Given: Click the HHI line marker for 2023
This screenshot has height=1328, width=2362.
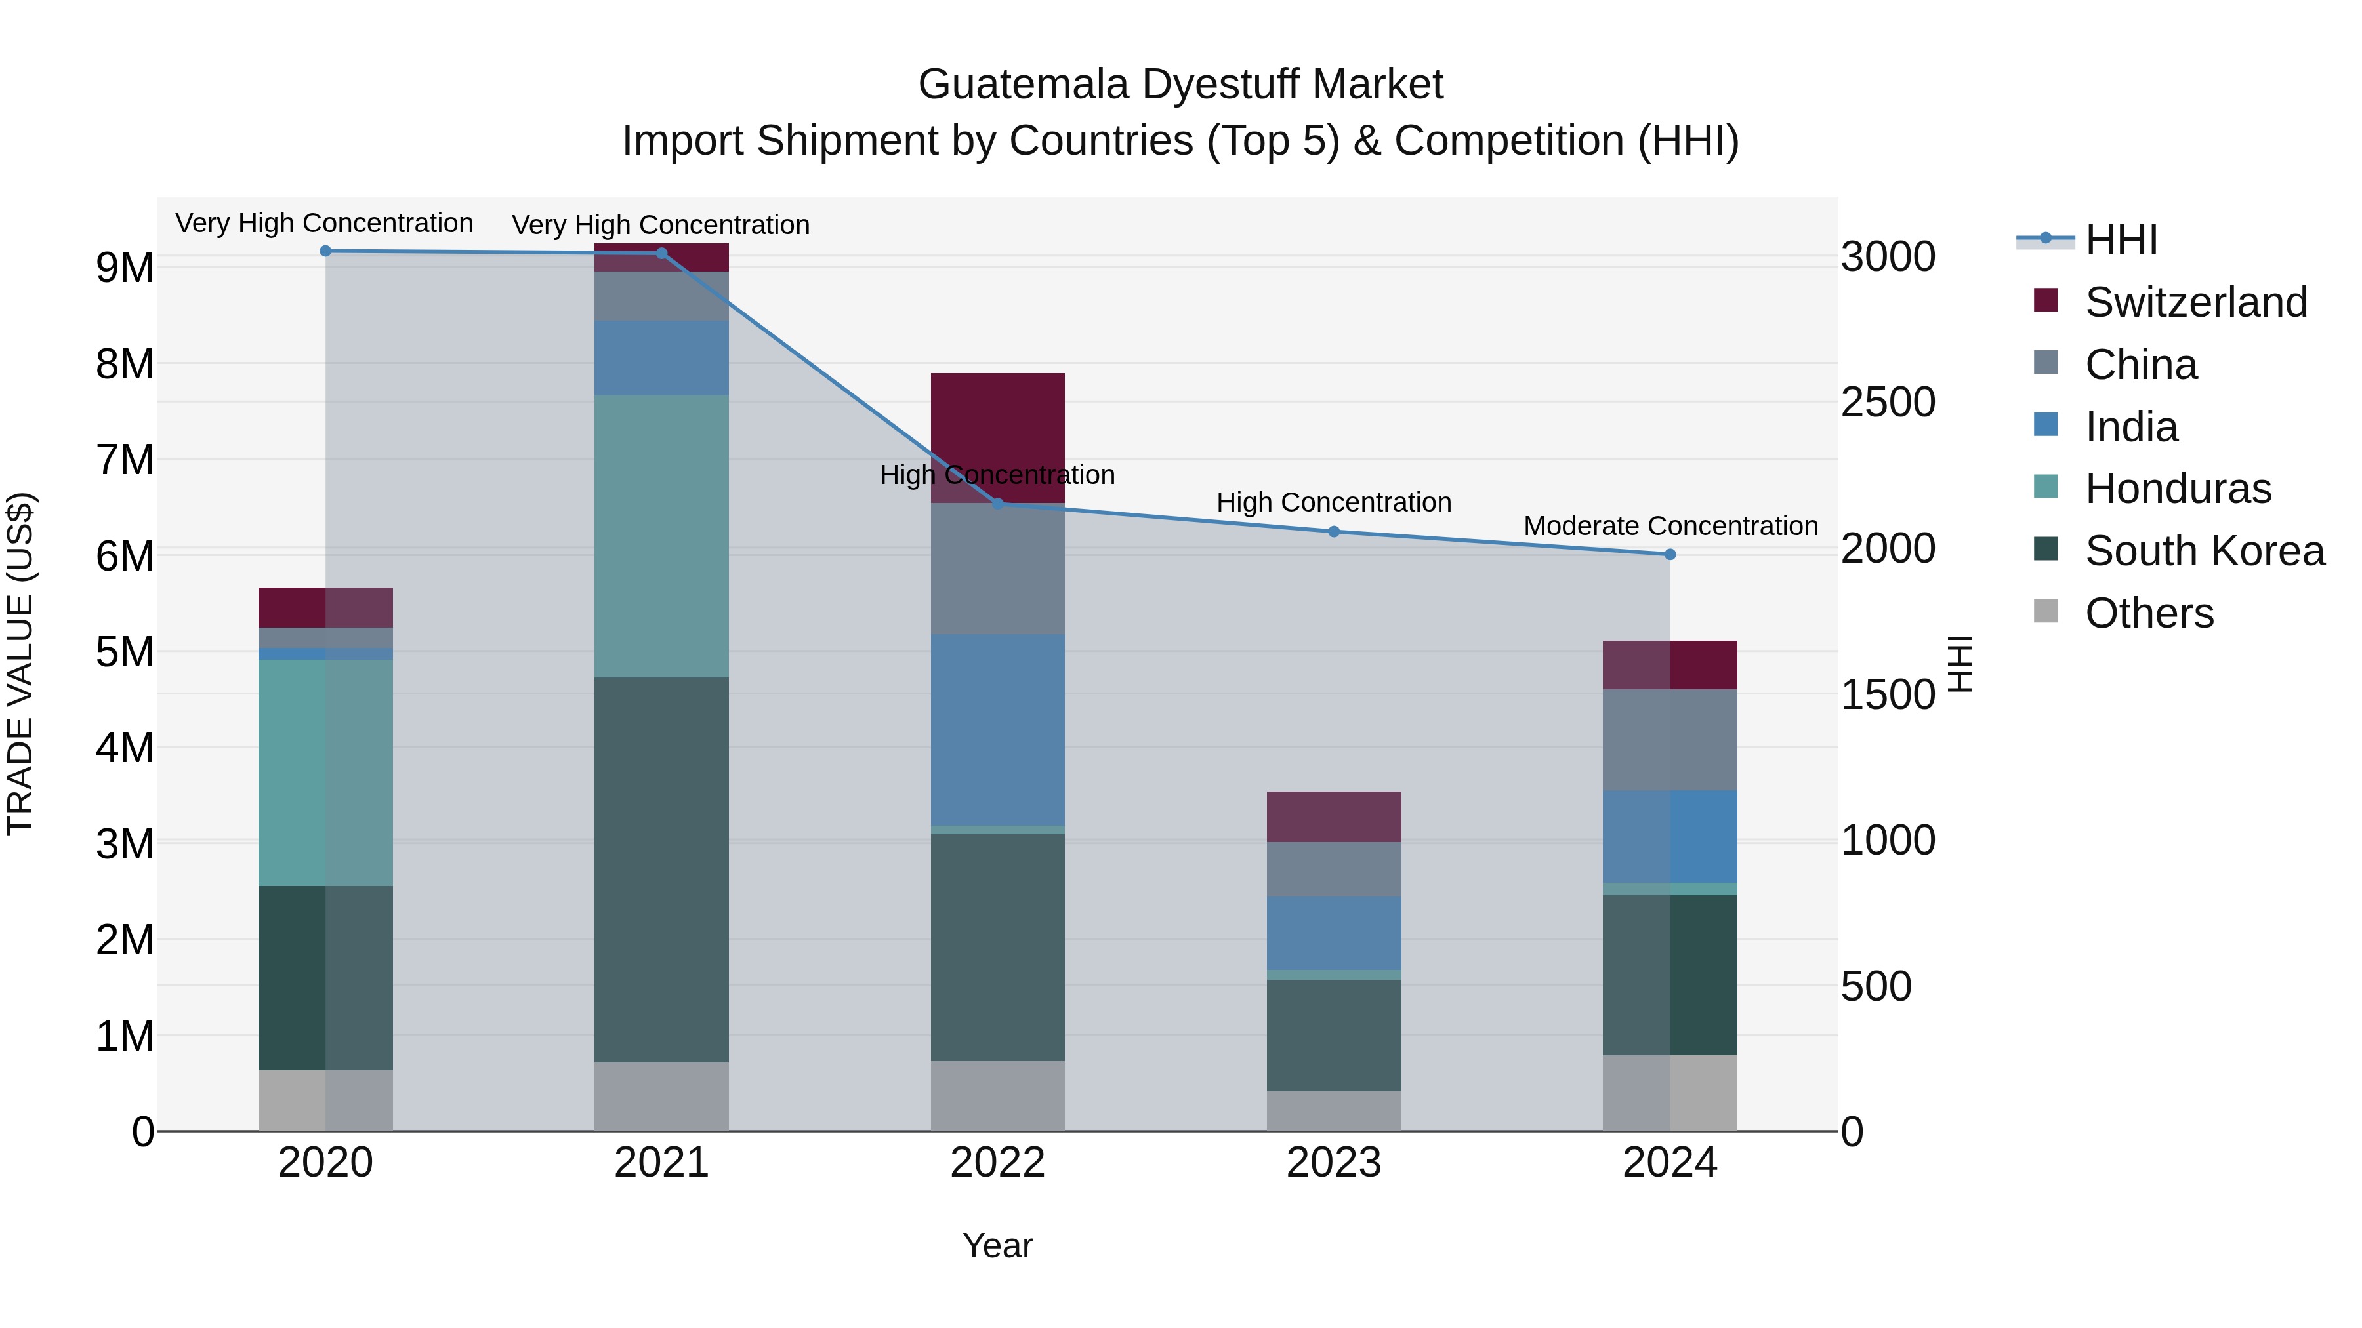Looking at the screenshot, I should click(1334, 532).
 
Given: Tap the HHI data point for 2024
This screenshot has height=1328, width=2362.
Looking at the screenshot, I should click(1670, 554).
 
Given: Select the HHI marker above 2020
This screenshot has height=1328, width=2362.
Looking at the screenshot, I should click(325, 251).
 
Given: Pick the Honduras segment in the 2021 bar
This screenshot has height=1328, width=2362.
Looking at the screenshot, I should click(661, 536).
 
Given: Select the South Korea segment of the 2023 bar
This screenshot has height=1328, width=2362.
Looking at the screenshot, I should click(1334, 1035).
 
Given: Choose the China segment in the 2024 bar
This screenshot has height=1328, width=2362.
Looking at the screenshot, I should click(1670, 740).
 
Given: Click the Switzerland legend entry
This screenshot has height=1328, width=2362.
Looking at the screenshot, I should click(2195, 302).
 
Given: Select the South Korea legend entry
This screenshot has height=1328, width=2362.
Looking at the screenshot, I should click(2205, 551).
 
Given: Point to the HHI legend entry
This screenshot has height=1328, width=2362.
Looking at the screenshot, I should click(2121, 240).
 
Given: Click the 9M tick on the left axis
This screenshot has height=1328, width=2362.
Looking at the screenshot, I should click(125, 268).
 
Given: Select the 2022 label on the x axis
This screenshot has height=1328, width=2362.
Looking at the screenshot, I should click(997, 1163).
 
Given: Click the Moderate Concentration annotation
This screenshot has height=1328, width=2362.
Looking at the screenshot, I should click(1670, 526).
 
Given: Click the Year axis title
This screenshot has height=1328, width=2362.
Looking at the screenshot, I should click(997, 1245).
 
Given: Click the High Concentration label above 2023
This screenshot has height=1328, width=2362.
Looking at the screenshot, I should click(1334, 502).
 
